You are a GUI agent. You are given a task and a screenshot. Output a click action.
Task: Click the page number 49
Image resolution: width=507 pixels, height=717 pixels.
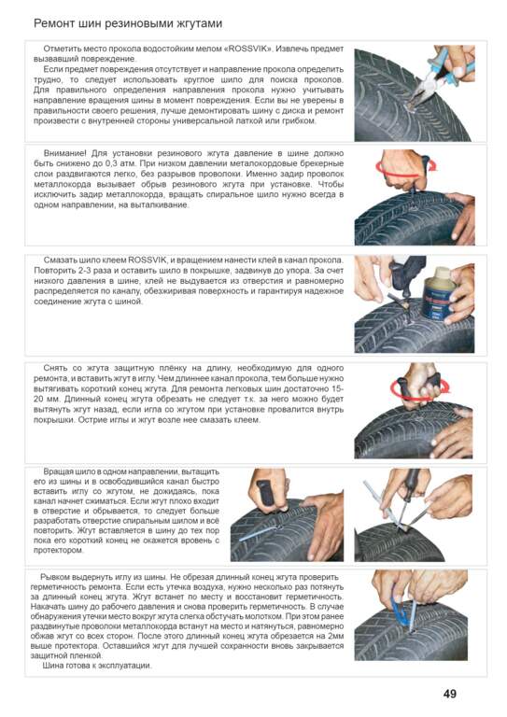[449, 694]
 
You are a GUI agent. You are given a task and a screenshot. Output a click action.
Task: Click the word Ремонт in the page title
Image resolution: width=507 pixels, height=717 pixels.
[53, 23]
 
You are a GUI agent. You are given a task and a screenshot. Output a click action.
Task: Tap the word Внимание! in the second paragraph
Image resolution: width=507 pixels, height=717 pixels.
[64, 153]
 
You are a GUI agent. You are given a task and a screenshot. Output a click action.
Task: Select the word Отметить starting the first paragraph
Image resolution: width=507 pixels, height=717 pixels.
[62, 49]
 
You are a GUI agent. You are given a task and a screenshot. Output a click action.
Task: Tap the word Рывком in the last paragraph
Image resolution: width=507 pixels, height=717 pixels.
[55, 578]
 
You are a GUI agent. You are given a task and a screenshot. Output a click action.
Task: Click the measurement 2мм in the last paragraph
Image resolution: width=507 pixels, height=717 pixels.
[335, 636]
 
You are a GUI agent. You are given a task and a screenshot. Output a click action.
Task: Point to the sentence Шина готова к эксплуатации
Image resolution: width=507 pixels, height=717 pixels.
[97, 666]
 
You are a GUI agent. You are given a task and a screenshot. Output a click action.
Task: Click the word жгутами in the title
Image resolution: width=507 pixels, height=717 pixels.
[199, 23]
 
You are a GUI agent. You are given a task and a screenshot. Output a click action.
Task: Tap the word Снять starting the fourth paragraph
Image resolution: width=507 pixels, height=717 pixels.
[56, 368]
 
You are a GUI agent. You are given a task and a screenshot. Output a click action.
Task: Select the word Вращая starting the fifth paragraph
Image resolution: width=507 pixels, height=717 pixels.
[57, 471]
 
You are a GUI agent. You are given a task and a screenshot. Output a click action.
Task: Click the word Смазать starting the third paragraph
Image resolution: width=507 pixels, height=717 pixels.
[61, 260]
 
